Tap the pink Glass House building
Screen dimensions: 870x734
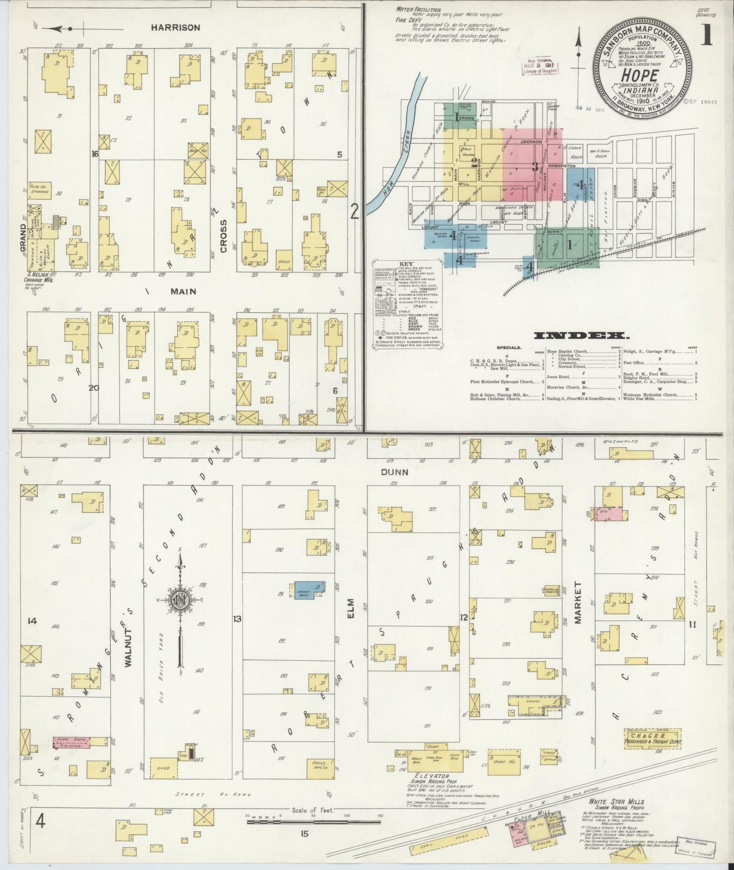coord(72,743)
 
